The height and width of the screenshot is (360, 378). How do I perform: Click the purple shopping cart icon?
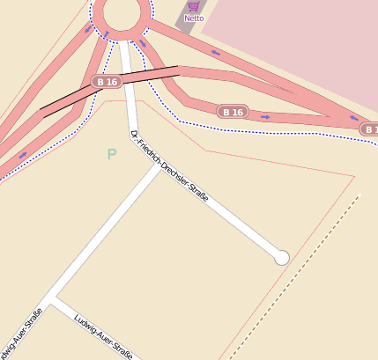194,6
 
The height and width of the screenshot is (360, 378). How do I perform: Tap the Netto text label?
194,18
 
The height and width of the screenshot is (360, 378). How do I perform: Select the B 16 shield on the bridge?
107,82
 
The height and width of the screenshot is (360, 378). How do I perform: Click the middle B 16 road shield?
233,112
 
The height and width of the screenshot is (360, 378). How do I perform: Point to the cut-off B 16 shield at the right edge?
369,129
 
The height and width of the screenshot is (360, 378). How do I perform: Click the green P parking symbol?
112,155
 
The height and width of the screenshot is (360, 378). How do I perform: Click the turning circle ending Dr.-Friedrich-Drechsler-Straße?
282,257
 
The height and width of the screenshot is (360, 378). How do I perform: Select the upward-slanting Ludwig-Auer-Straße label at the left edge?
23,334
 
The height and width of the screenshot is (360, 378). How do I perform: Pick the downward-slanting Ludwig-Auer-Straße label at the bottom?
104,335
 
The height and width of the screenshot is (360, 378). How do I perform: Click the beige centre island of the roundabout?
122,11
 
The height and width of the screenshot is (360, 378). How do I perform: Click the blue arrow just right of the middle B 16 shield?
264,115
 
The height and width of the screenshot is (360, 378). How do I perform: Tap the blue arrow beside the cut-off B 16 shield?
354,118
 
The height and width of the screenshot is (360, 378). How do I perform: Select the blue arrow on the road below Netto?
215,53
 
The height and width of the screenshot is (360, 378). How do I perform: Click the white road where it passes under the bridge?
128,78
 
